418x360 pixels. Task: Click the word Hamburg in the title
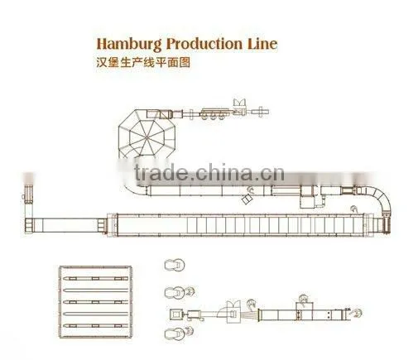coord(129,44)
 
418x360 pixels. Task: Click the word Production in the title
coord(204,44)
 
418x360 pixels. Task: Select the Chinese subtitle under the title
coord(143,63)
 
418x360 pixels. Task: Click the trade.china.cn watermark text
coord(209,173)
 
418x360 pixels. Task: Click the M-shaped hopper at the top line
coord(239,102)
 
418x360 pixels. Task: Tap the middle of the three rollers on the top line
coord(213,117)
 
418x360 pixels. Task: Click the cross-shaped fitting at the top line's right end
coord(260,112)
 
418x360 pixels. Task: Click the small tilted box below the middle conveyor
coord(247,199)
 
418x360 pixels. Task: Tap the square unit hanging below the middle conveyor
coord(308,202)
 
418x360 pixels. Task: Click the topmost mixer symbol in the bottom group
coord(175,266)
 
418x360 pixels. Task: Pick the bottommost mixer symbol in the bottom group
coord(175,334)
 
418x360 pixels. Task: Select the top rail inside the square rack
coord(96,278)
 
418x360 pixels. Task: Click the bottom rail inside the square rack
coord(96,326)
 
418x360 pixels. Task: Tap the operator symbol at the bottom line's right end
coord(357,313)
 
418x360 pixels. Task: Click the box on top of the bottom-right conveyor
coord(305,307)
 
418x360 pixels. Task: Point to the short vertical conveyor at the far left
coord(28,201)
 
